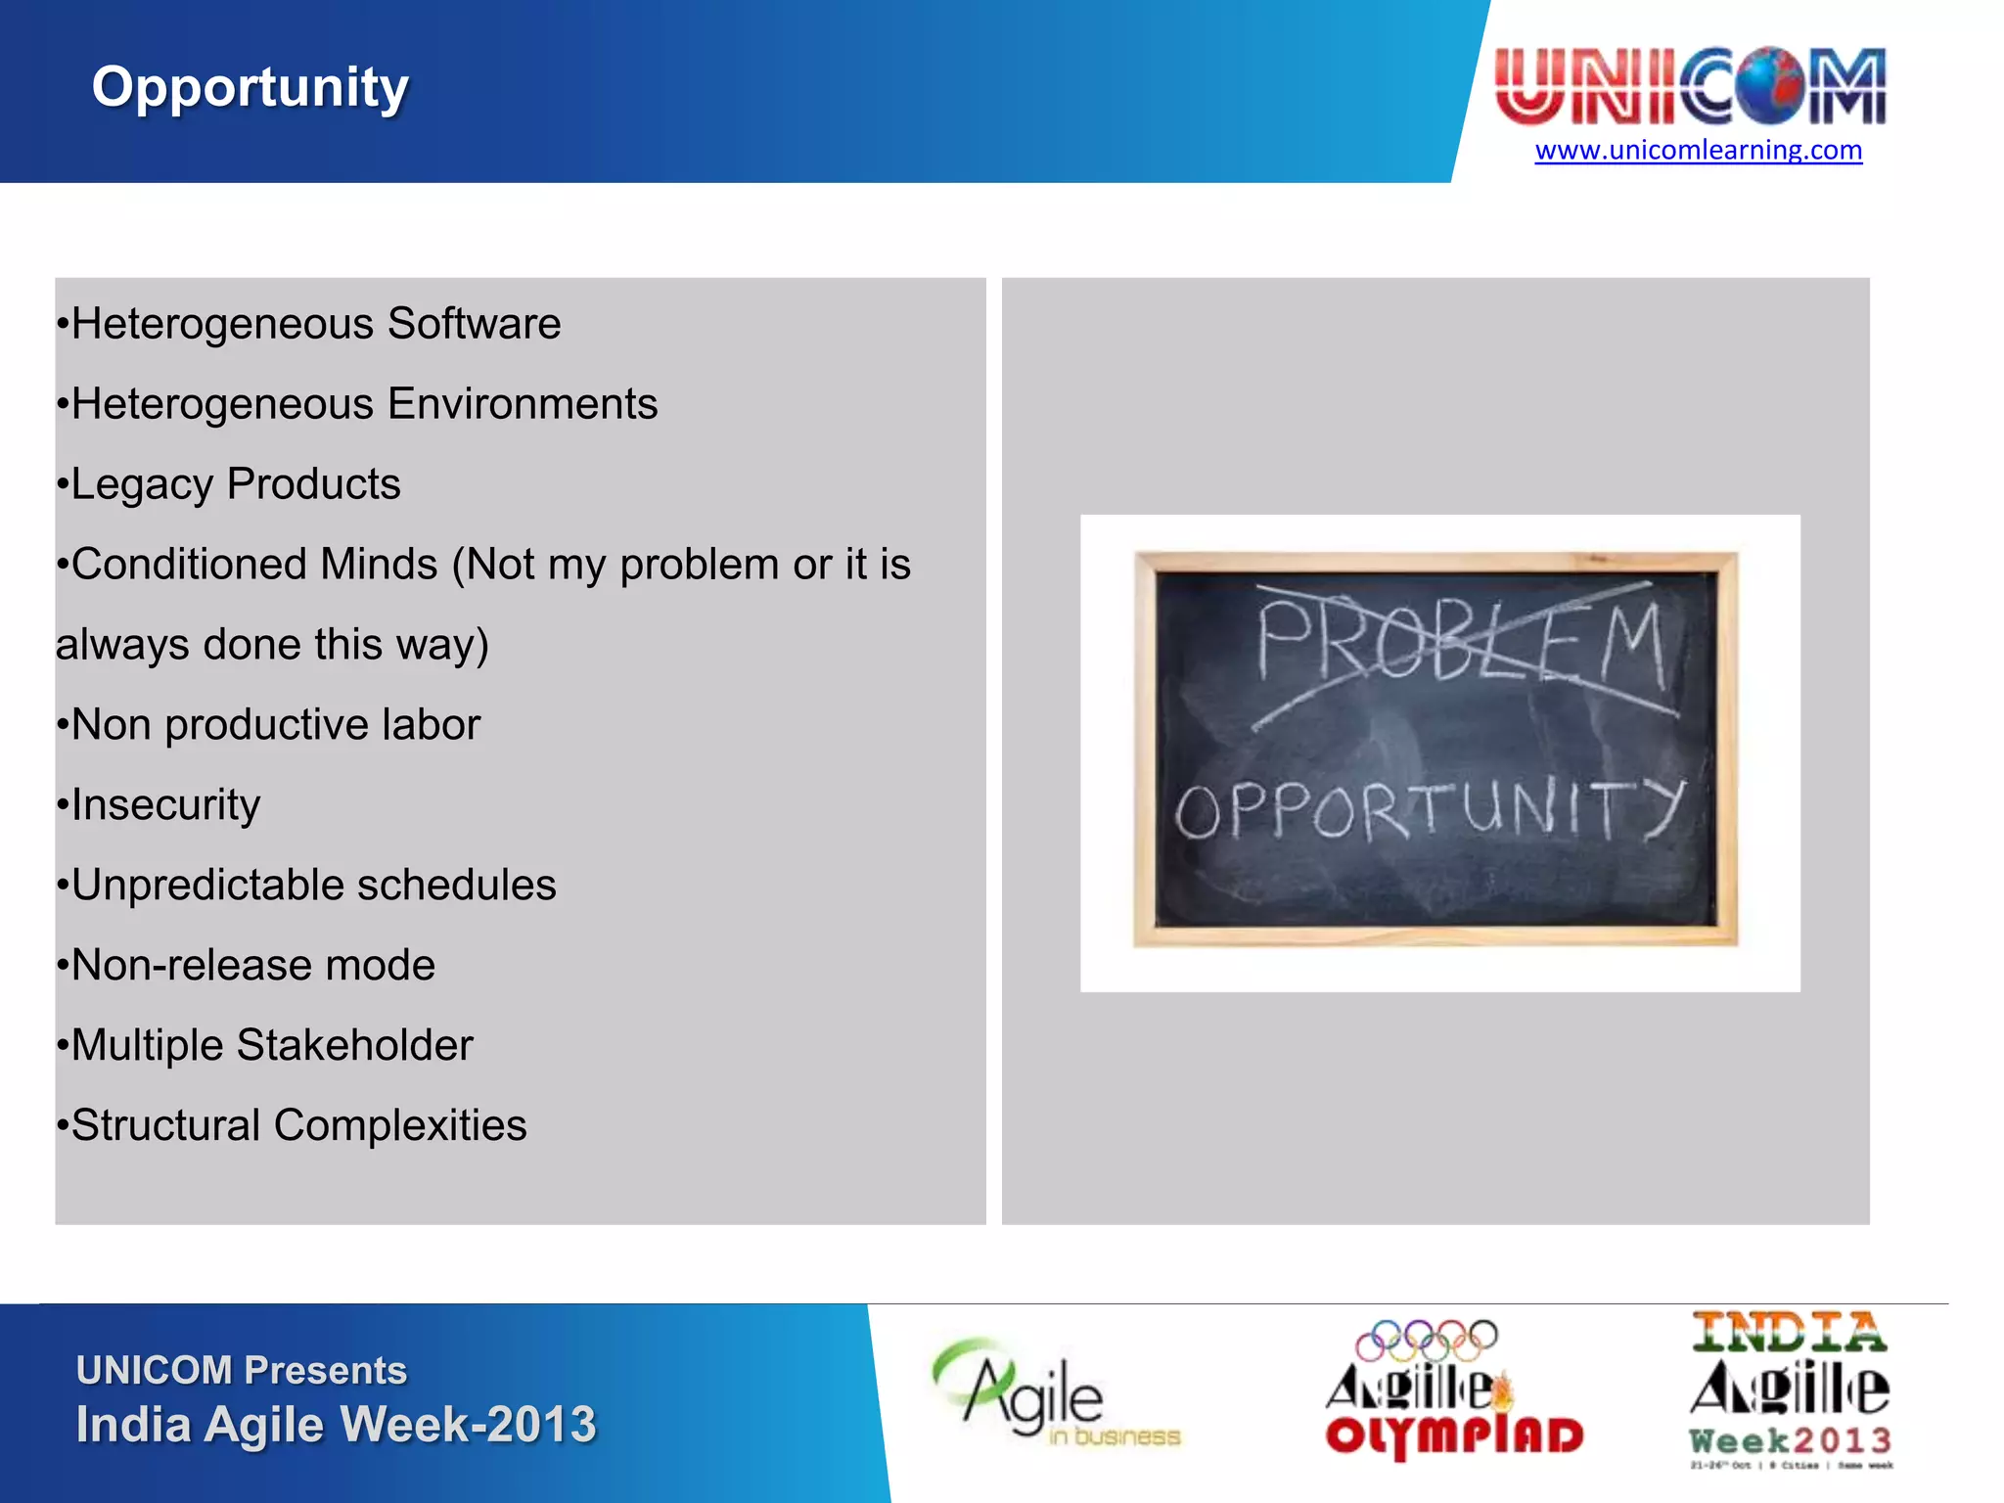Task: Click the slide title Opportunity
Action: (250, 88)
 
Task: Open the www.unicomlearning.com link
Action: (1698, 150)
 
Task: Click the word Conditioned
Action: (254, 565)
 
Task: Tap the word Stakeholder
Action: (355, 1046)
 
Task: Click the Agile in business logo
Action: (1052, 1394)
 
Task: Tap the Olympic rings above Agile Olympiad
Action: (1426, 1340)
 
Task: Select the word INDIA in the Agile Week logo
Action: (1789, 1333)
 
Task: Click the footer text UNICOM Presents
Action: (242, 1371)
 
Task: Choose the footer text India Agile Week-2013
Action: (336, 1425)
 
